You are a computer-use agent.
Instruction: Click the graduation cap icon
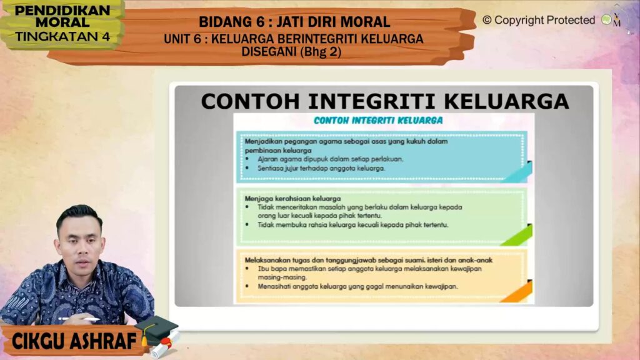click(x=156, y=330)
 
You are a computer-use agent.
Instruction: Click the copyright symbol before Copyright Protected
click(x=487, y=20)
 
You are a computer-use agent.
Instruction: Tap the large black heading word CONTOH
click(x=250, y=101)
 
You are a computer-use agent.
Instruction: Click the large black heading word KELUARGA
click(x=506, y=101)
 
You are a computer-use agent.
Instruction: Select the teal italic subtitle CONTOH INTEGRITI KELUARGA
click(x=378, y=121)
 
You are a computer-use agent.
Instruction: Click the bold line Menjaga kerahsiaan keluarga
click(x=292, y=199)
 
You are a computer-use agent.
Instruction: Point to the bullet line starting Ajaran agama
click(x=330, y=159)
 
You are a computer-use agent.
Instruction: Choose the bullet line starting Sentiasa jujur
click(x=321, y=168)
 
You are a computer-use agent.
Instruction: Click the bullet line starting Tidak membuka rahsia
click(x=352, y=225)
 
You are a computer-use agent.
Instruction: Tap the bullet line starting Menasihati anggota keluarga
click(x=357, y=286)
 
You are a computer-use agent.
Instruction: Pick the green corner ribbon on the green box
click(x=517, y=235)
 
